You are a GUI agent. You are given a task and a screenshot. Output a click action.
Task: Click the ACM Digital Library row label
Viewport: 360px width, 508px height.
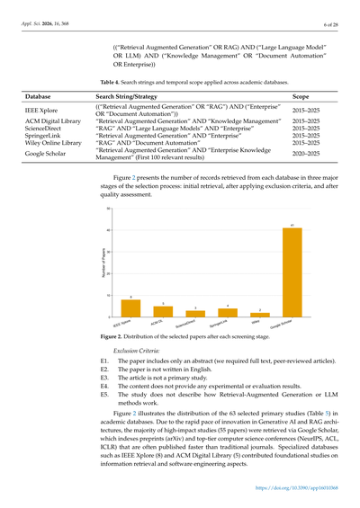[53, 120]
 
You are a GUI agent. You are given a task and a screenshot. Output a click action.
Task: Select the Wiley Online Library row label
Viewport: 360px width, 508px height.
[55, 143]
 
